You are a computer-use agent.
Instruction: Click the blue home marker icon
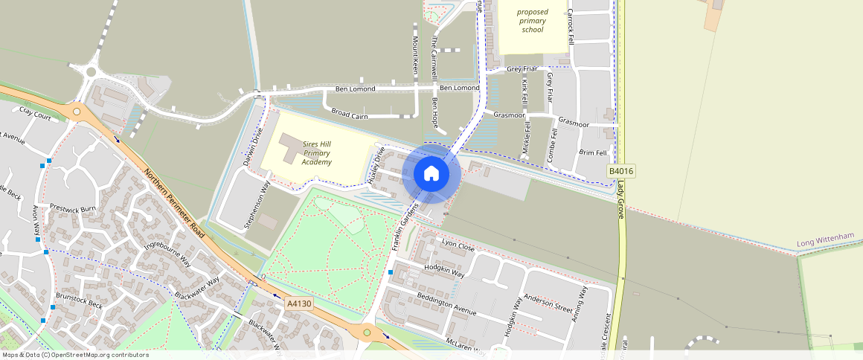[431, 173]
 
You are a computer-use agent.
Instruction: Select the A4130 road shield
[299, 304]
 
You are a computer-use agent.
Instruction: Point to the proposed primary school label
[533, 21]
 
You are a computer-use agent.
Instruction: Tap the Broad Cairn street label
[350, 114]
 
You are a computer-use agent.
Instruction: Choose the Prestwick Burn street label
[74, 208]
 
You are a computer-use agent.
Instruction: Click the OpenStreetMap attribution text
[75, 355]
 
